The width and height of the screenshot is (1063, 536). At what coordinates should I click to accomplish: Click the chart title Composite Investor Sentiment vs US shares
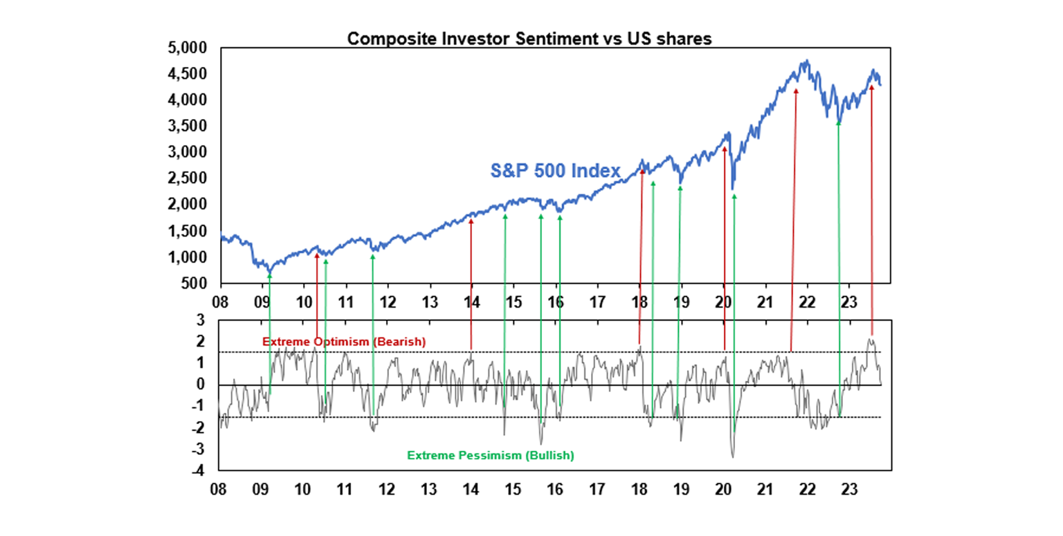pos(529,39)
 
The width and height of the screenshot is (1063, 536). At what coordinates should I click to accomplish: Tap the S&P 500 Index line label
pos(555,170)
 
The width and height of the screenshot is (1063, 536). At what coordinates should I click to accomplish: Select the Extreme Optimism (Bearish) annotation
pos(344,342)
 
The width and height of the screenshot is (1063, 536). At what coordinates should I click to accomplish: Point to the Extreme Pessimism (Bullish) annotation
pos(491,456)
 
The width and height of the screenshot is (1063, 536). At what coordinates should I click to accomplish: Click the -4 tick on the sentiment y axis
pos(201,471)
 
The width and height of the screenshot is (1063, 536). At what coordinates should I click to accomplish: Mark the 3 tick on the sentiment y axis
pos(203,320)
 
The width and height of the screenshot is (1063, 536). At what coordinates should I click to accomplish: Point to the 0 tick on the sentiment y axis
pos(203,385)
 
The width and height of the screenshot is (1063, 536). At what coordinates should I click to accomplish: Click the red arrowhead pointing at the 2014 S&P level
pos(471,221)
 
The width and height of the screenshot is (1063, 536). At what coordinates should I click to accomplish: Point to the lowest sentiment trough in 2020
pos(733,456)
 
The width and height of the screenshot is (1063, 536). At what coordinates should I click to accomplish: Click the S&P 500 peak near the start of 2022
pos(806,61)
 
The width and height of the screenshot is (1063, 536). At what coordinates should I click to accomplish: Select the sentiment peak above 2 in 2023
pos(870,340)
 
